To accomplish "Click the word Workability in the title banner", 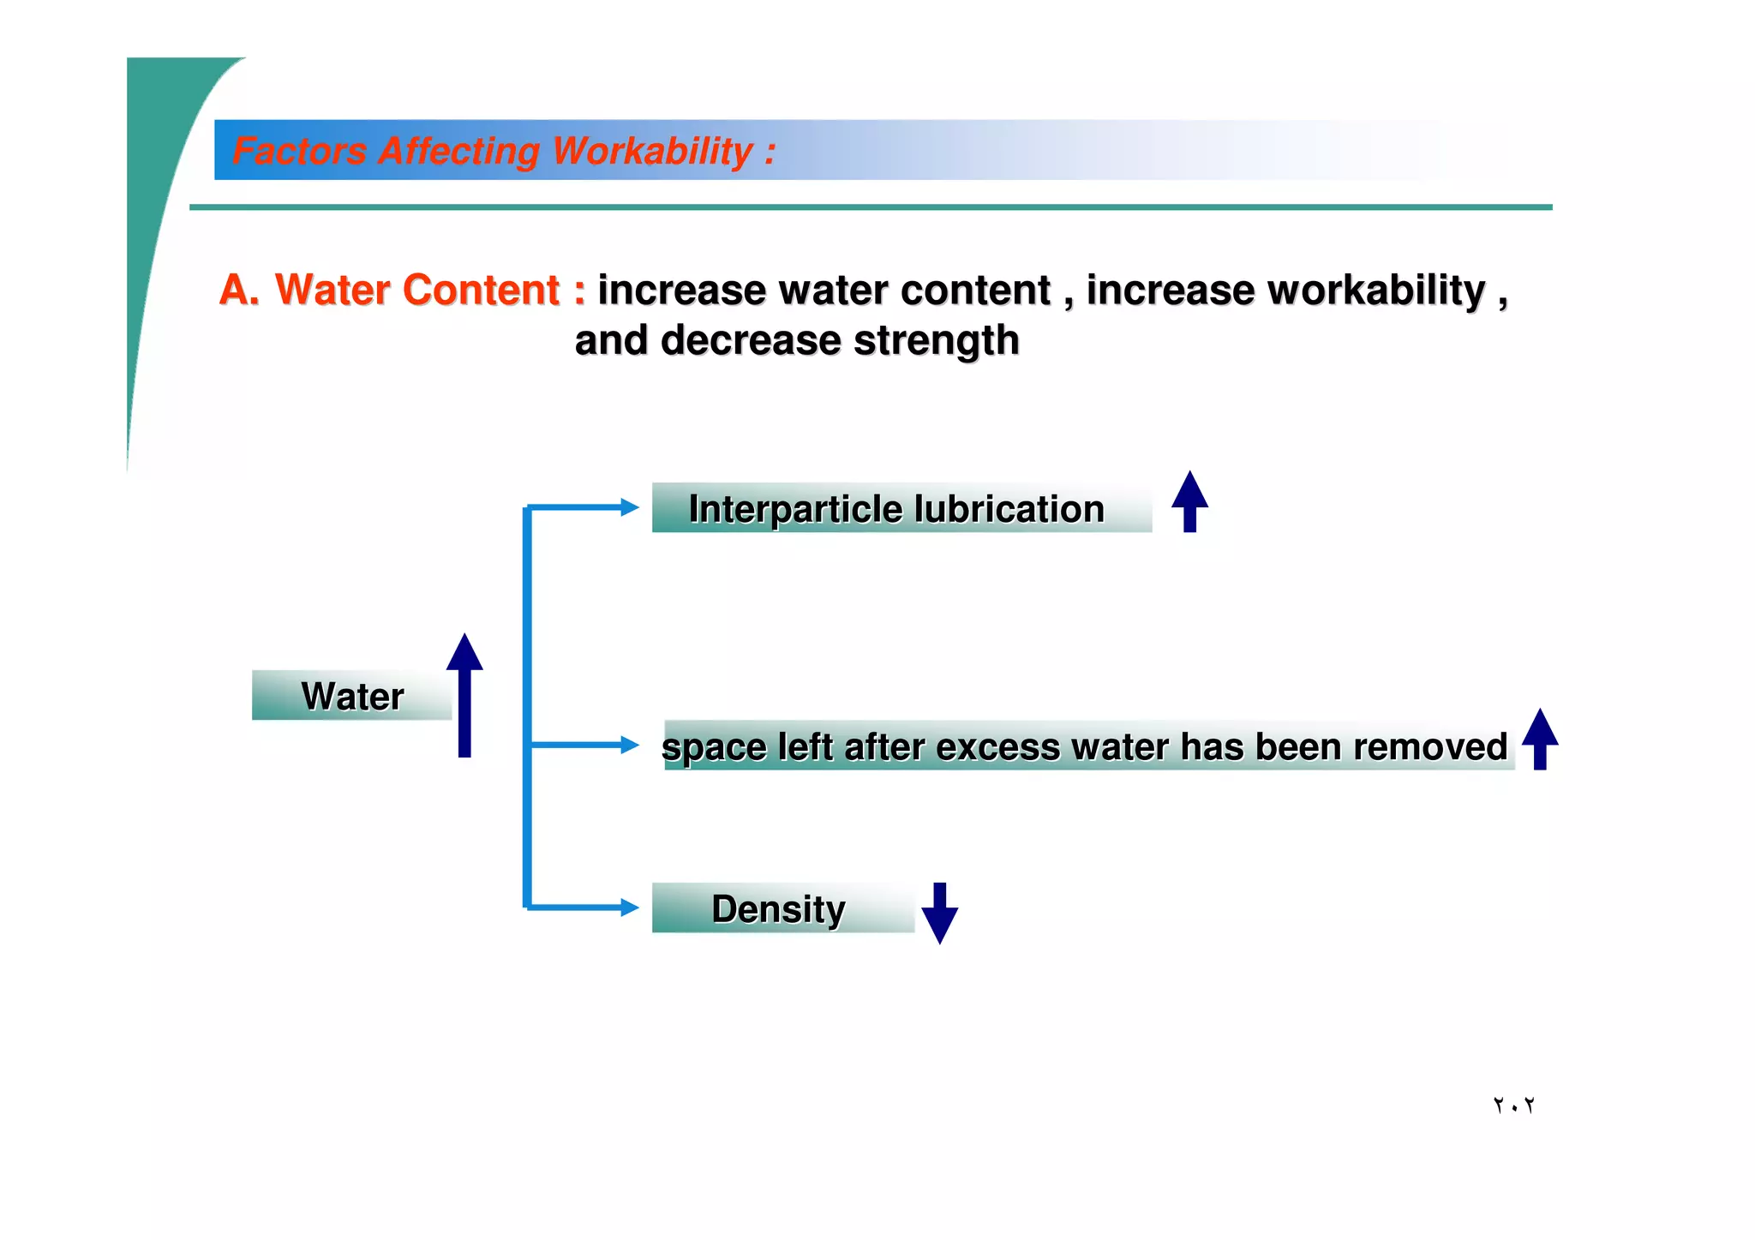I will pos(652,151).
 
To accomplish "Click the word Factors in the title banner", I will pos(299,151).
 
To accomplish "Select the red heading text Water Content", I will pos(416,290).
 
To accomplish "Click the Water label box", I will pos(351,696).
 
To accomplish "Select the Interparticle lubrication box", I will pos(901,508).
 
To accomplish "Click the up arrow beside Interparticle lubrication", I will pos(1189,501).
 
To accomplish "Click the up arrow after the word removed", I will pos(1539,738).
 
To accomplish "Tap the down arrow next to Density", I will pos(939,914).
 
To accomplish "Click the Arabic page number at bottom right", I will pos(1513,1105).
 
